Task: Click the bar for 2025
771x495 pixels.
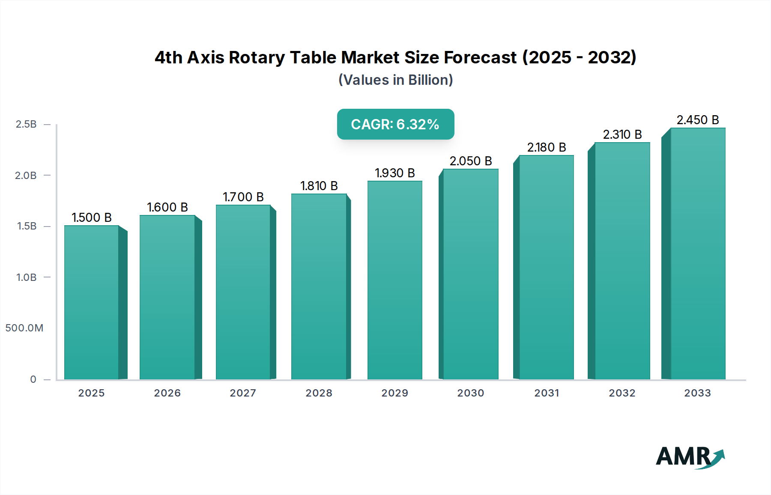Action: (x=92, y=302)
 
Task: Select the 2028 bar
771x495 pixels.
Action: (x=319, y=286)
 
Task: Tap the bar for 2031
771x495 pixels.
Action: (x=547, y=267)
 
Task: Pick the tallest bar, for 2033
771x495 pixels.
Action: (x=698, y=253)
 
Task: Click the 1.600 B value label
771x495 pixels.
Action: (x=167, y=207)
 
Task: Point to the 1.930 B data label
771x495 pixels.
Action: (x=395, y=173)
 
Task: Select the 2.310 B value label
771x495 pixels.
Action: (x=622, y=134)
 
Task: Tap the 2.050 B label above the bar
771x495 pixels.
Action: (x=471, y=161)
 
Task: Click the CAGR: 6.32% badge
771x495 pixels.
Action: (x=395, y=124)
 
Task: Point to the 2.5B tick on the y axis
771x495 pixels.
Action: (x=26, y=124)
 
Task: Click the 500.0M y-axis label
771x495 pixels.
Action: (x=24, y=328)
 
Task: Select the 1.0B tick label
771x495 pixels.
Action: (x=26, y=277)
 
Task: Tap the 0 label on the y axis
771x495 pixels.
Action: (x=33, y=379)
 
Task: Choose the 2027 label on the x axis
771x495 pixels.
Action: (x=243, y=393)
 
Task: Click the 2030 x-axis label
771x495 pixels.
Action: (x=471, y=393)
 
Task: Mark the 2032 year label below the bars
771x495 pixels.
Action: (x=622, y=393)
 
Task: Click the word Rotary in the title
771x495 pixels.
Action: (x=257, y=57)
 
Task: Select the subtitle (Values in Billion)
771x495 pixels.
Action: (x=395, y=80)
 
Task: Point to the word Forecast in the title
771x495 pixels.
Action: (x=480, y=57)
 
